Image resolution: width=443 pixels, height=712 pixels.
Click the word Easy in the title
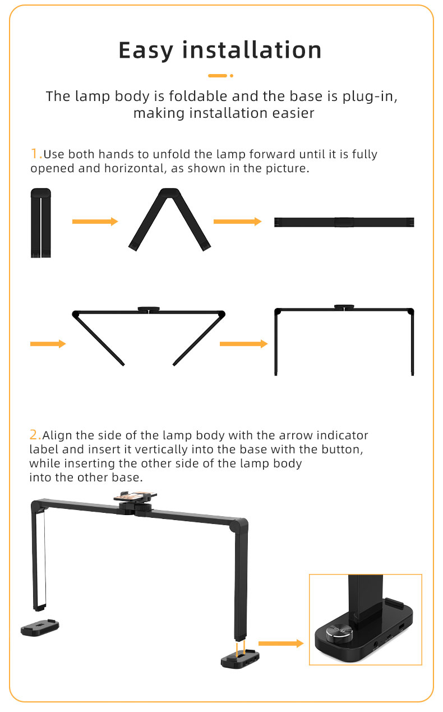146,50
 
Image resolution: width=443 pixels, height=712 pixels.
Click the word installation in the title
252,50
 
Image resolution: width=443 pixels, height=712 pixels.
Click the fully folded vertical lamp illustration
41,223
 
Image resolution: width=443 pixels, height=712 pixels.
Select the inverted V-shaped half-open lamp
169,219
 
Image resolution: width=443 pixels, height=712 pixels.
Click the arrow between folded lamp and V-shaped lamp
95,222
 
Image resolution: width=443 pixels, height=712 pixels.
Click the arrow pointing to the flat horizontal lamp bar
237,222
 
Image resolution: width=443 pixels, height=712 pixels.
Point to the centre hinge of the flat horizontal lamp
344,222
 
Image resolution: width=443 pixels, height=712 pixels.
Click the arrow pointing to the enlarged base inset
281,644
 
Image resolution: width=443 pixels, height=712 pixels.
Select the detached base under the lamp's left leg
40,627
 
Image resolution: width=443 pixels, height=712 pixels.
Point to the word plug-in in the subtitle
370,97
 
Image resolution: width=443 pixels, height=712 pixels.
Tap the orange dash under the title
218,76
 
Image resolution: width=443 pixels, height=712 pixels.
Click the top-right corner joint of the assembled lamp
240,525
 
